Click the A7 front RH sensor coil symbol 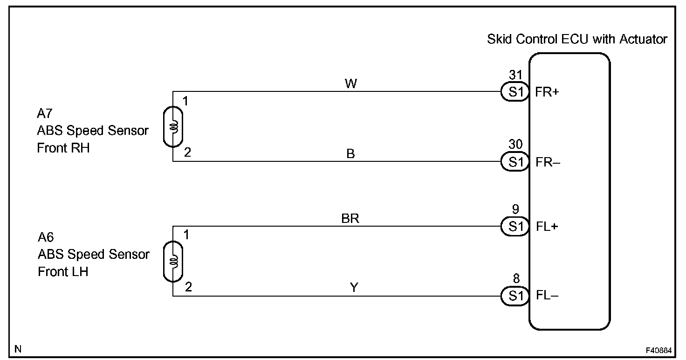point(173,127)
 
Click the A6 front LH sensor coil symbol point(173,261)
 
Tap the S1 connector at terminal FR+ point(515,92)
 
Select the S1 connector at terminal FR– point(515,162)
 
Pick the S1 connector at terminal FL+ point(515,227)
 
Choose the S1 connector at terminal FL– point(515,296)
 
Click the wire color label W point(350,84)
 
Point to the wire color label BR point(350,218)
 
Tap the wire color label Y point(354,288)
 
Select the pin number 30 point(515,145)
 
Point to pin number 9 point(515,209)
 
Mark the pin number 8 point(515,279)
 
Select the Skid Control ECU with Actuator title point(577,39)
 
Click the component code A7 point(45,114)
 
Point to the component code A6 point(46,237)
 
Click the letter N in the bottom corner point(18,349)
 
